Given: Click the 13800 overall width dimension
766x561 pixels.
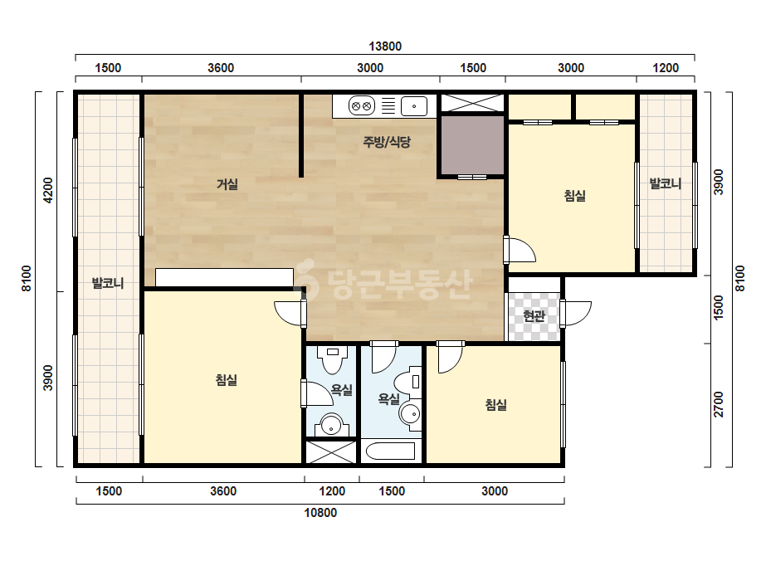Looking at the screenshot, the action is [x=385, y=46].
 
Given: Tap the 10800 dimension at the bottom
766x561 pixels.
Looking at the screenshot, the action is [x=320, y=513].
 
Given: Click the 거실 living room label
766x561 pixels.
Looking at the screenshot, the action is [x=227, y=184].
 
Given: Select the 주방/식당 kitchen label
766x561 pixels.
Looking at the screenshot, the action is [x=387, y=142].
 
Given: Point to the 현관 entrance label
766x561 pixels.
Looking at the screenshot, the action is [x=534, y=315].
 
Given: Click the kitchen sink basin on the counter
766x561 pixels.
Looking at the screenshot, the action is [x=414, y=106].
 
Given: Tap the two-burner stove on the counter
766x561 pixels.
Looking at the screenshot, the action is [x=361, y=106].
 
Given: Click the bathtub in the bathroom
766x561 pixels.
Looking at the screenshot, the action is [x=391, y=451].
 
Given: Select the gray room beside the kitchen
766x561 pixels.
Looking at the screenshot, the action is [x=472, y=144].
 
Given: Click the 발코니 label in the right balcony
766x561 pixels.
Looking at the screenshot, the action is [x=665, y=183].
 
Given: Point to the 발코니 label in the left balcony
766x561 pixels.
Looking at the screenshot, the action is [x=108, y=283].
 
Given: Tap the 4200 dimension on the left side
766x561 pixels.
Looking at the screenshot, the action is [x=48, y=190].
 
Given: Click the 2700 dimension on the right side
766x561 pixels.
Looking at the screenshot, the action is [x=718, y=404].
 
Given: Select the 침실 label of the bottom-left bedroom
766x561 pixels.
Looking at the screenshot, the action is [x=227, y=380].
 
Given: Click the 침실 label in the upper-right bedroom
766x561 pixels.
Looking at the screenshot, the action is [x=574, y=196].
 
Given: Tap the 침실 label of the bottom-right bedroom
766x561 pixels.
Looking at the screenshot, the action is [x=495, y=404].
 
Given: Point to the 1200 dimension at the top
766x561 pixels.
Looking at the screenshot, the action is [x=666, y=67].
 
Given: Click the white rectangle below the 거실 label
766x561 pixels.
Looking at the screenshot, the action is [x=224, y=277].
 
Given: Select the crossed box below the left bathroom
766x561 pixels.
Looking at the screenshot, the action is [x=331, y=452].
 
